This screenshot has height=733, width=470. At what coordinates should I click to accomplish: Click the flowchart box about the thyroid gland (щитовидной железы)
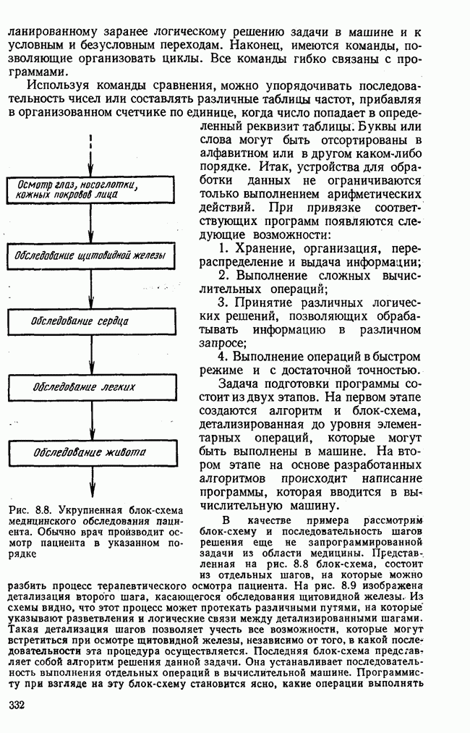coord(90,255)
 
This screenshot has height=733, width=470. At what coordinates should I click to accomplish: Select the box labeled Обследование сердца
coord(90,321)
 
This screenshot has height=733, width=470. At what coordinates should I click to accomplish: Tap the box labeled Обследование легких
coord(90,386)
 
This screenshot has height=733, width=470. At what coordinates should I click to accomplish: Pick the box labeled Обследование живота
coord(90,452)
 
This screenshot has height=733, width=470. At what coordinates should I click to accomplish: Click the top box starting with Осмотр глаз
coord(90,190)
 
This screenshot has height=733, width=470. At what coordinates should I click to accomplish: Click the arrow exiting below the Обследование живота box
coord(91,481)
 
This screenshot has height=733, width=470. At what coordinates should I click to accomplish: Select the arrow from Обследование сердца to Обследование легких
coord(91,353)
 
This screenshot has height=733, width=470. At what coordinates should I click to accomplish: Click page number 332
coord(17,705)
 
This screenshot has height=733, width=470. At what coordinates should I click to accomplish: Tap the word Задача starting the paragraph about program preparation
coord(242,384)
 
